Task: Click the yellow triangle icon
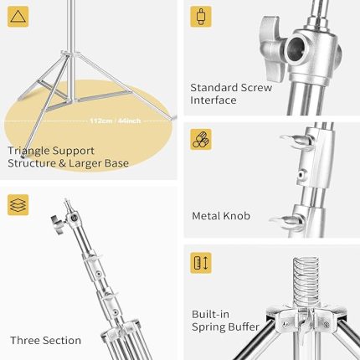[18, 17]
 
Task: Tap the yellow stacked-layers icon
[18, 205]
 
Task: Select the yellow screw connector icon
[201, 17]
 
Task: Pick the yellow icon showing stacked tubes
[201, 139]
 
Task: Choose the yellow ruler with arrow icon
[201, 263]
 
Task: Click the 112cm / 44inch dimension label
[116, 121]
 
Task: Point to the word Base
[116, 163]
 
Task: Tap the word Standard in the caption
[214, 88]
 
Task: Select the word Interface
[213, 100]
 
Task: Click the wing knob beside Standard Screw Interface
[272, 48]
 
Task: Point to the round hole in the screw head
[297, 48]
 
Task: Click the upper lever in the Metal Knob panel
[296, 140]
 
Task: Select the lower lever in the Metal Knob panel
[287, 222]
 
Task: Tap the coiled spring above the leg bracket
[306, 282]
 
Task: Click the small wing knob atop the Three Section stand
[59, 224]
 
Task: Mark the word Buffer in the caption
[242, 327]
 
